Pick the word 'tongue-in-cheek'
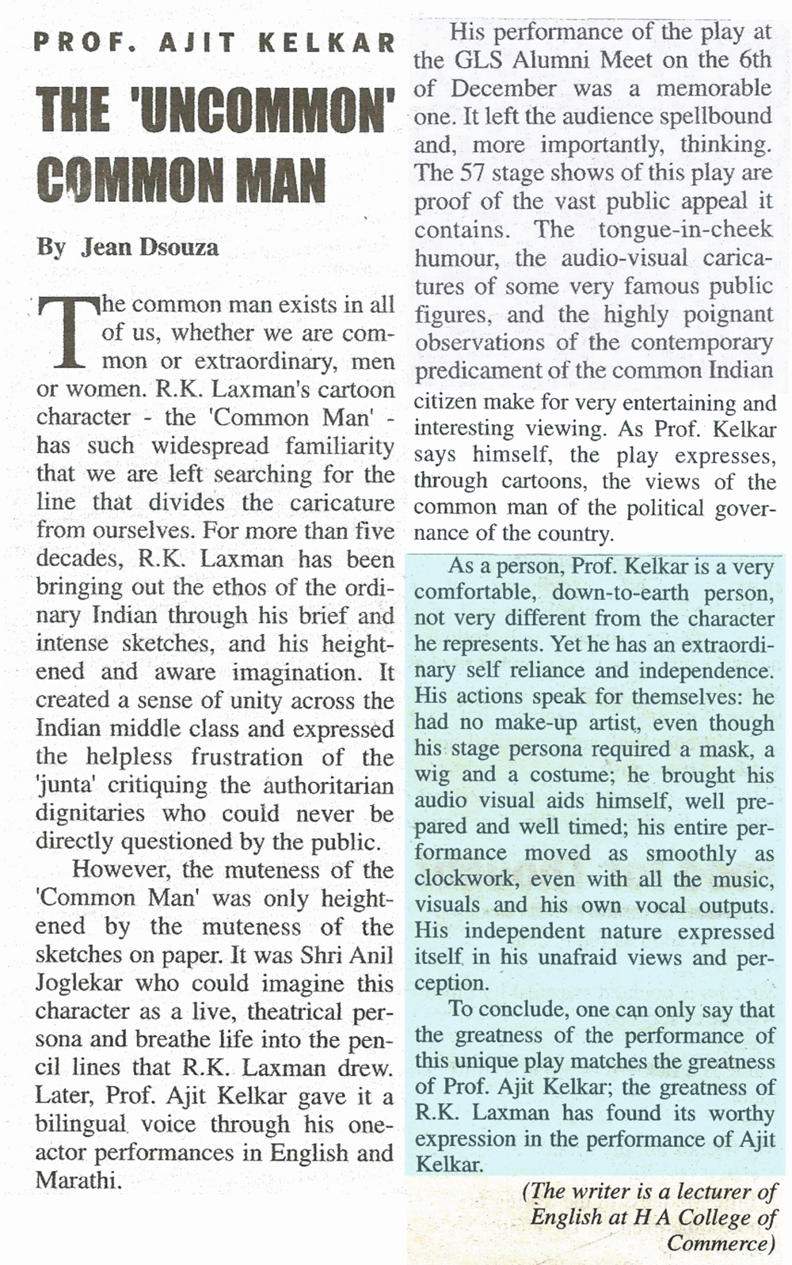[x=685, y=230]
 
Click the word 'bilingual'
[x=80, y=1124]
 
